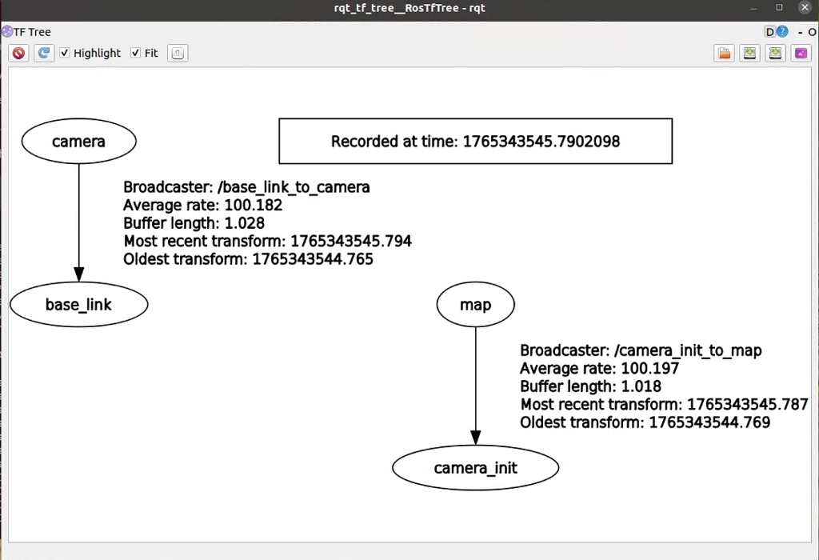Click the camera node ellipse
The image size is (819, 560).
[78, 142]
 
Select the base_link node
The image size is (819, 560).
[78, 305]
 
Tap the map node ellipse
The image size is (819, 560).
[475, 305]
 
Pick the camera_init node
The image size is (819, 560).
[475, 468]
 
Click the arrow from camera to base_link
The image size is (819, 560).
[78, 216]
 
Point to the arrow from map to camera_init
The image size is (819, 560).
[475, 384]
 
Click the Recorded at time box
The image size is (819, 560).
[475, 142]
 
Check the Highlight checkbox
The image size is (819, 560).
[66, 53]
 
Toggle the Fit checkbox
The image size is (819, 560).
[135, 53]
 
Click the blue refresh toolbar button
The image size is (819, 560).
[44, 53]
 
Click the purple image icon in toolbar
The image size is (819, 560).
[801, 54]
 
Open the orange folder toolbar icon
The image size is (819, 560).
[724, 54]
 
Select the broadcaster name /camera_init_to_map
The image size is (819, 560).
[687, 350]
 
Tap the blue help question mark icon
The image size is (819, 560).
[782, 32]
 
